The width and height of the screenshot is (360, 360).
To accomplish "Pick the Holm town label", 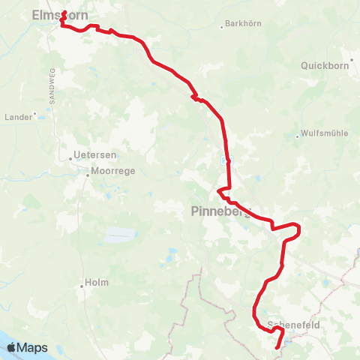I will click(98, 283).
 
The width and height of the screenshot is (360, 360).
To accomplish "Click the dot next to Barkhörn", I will click(221, 26).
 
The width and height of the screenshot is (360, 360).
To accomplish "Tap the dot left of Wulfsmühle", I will click(298, 136).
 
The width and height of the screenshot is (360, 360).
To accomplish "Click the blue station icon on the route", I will click(227, 160).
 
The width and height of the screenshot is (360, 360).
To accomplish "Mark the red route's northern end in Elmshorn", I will click(64, 12).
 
